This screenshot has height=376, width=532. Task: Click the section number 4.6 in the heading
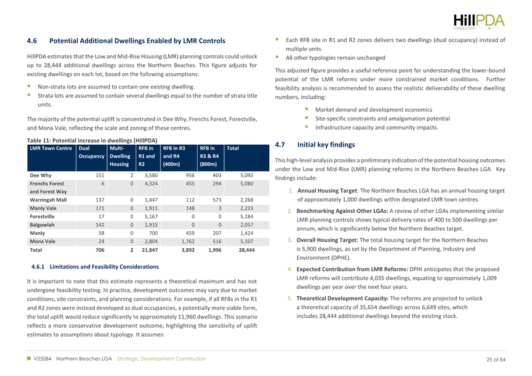click(x=33, y=41)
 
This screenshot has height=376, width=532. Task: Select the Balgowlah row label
click(x=42, y=224)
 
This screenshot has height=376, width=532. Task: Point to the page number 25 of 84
click(x=496, y=359)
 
